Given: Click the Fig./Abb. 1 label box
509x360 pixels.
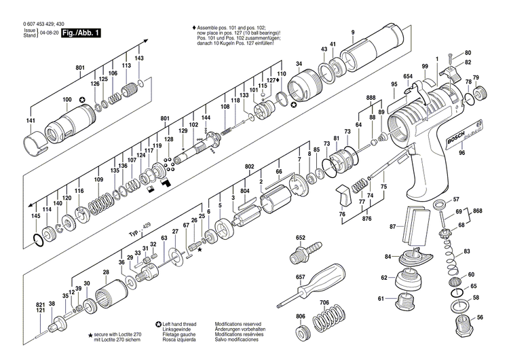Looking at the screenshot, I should click(x=79, y=32).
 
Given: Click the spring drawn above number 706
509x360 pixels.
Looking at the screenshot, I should click(x=325, y=321).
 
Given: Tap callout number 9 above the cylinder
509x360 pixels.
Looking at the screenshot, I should click(x=353, y=33).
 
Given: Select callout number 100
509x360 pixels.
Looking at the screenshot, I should click(x=67, y=101).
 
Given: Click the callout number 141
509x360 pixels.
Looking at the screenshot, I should click(x=31, y=121).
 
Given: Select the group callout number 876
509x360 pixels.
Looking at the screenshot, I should click(x=368, y=218).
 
